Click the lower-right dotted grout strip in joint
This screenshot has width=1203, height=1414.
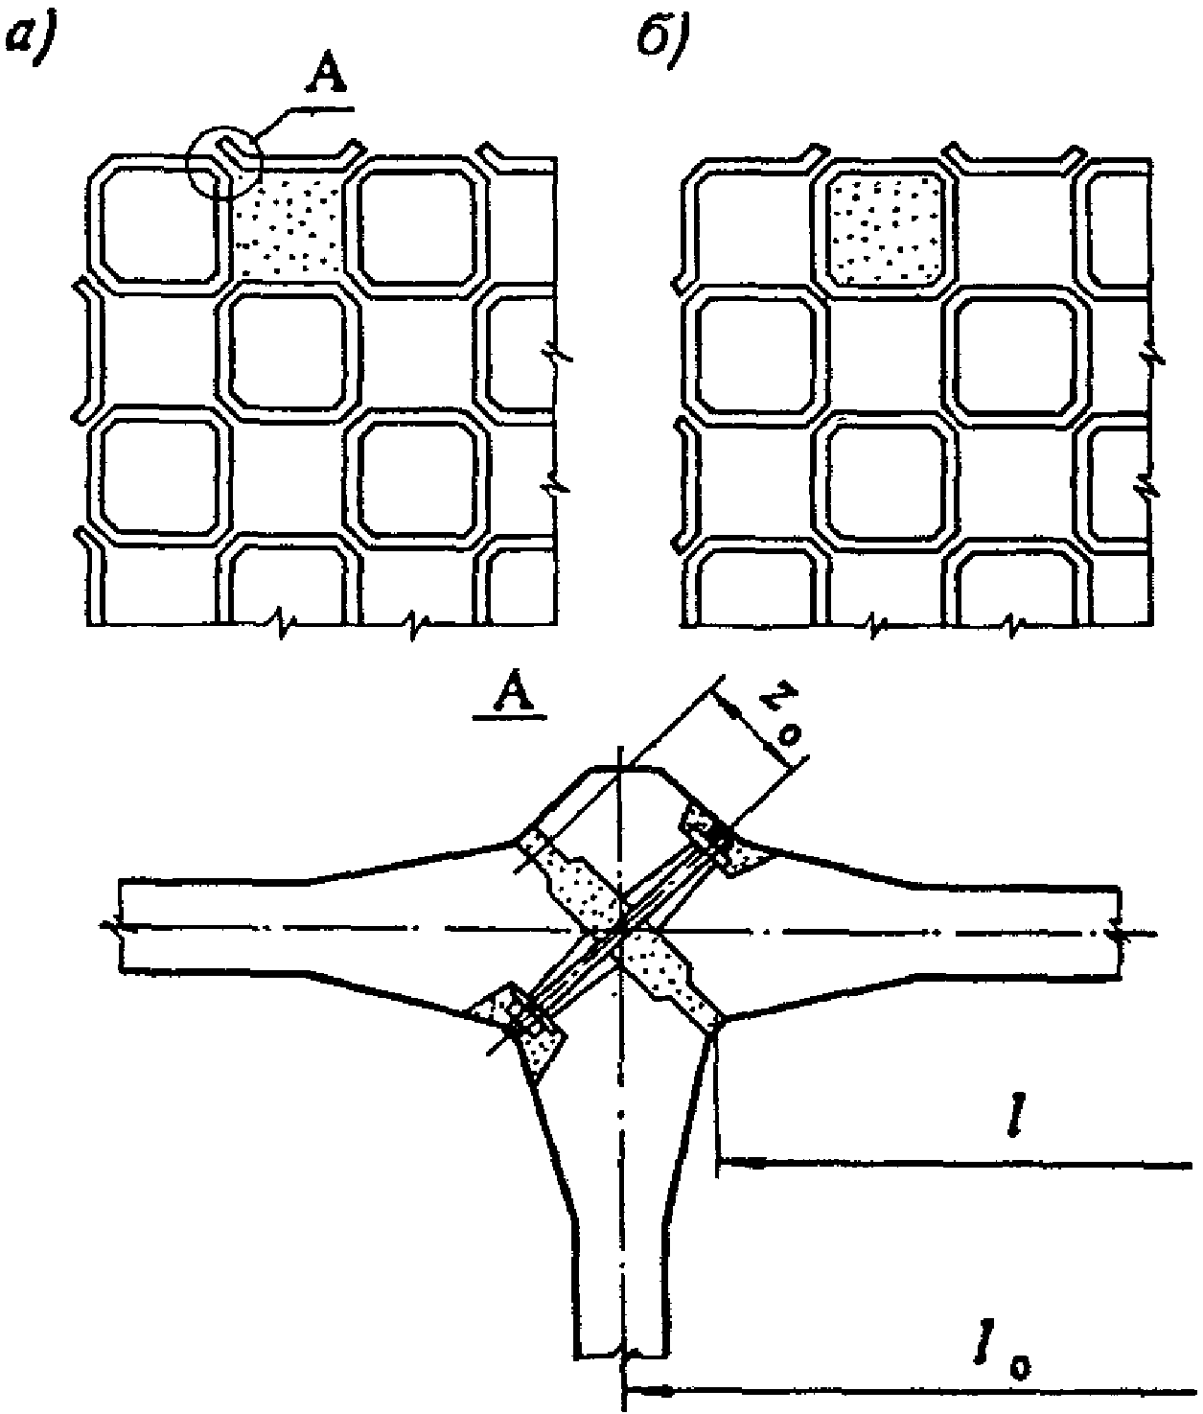tap(672, 978)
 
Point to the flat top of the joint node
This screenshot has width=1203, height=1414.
tap(629, 768)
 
